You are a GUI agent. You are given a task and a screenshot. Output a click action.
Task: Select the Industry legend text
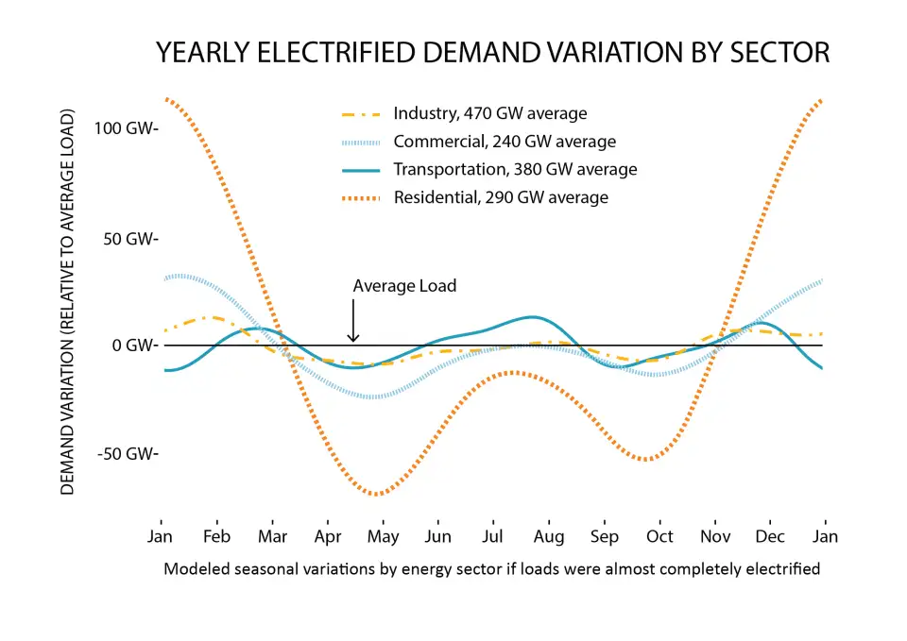coord(489,114)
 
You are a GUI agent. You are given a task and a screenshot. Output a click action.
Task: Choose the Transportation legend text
coord(515,170)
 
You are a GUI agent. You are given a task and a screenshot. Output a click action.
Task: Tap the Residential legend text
coord(500,197)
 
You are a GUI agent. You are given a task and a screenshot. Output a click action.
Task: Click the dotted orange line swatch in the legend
coord(360,197)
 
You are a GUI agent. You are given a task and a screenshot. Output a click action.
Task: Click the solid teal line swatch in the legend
coord(360,170)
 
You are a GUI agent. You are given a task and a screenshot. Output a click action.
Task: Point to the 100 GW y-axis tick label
coord(127,128)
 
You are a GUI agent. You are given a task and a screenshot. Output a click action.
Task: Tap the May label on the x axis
coord(383,536)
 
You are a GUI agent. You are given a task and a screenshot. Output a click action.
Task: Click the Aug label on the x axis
coord(549,536)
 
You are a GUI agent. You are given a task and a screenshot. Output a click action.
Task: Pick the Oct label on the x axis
coord(659,536)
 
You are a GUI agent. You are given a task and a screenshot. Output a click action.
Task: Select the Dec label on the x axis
coord(770,536)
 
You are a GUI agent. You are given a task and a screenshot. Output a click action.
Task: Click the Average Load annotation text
coord(404,285)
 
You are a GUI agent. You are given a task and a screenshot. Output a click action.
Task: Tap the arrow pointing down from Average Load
coord(352,321)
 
